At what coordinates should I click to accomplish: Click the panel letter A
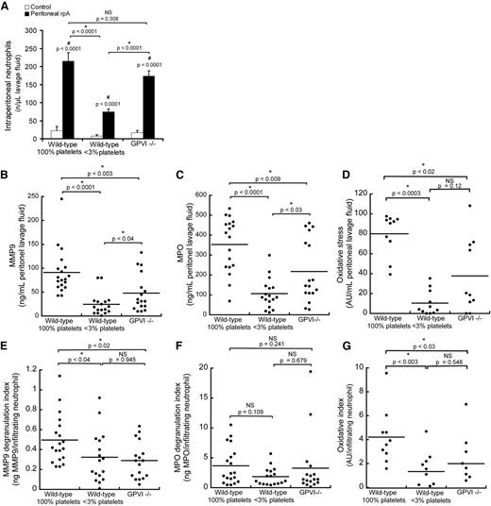[7, 8]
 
